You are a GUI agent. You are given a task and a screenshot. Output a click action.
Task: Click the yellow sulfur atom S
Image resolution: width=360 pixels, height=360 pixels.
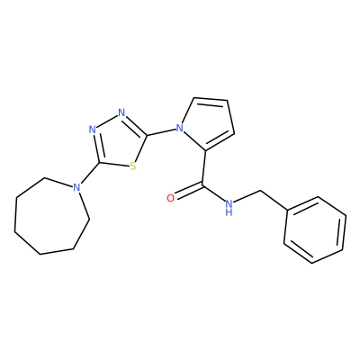click(133, 166)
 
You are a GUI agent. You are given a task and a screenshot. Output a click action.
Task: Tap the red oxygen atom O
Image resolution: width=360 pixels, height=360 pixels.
click(170, 198)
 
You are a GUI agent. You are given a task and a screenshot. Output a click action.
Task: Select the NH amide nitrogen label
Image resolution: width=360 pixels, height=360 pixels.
click(229, 208)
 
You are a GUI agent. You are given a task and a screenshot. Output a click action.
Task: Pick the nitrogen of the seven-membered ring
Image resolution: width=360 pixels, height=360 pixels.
click(77, 187)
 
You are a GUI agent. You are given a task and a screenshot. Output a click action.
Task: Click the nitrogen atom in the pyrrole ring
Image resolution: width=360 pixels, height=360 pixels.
click(180, 129)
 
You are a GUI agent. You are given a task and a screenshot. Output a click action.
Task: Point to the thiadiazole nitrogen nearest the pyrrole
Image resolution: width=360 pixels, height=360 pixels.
click(121, 112)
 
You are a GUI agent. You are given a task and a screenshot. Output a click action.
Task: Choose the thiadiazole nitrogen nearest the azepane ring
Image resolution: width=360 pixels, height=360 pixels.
click(93, 130)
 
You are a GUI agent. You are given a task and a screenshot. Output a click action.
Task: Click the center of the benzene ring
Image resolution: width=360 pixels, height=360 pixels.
click(315, 230)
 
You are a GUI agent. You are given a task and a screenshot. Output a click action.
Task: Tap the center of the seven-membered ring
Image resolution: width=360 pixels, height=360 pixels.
click(49, 219)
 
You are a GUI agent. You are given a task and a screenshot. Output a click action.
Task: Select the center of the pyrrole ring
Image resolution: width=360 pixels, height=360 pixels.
click(207, 125)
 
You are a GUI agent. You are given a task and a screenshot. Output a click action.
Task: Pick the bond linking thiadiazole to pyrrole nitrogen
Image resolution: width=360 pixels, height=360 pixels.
click(161, 132)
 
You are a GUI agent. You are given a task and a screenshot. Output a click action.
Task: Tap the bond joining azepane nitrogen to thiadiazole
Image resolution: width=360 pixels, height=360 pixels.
click(90, 173)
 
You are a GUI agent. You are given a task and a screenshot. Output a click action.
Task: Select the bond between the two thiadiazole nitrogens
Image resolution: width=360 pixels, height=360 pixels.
click(107, 121)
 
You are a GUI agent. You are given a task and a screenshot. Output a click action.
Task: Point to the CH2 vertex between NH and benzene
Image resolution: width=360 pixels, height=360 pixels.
click(260, 190)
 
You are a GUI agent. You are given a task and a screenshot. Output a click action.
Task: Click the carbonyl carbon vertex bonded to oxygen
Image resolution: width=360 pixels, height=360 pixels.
click(202, 184)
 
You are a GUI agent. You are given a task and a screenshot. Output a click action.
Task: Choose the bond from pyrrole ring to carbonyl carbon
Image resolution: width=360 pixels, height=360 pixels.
click(204, 167)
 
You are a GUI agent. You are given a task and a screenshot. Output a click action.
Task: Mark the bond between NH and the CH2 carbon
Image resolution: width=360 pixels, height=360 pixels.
click(247, 196)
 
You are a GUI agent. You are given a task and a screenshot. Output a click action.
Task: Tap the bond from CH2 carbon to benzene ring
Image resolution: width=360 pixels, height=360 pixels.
click(274, 201)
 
